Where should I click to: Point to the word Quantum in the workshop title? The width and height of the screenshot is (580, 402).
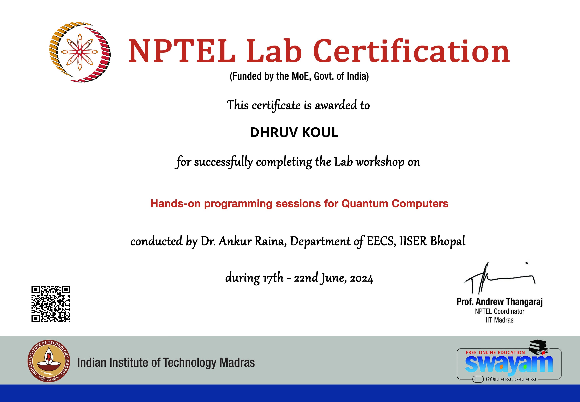coord(365,203)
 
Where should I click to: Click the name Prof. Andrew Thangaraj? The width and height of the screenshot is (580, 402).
coord(499,302)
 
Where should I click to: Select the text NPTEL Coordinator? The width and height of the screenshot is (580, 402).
coord(499,312)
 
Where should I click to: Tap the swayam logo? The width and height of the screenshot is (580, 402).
coord(509,364)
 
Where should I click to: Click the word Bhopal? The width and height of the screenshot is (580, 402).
coord(448,241)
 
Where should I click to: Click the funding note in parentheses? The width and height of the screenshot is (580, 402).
coord(299,76)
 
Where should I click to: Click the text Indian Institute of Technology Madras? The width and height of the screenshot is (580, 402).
coord(166,363)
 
